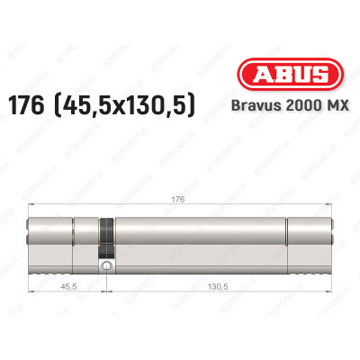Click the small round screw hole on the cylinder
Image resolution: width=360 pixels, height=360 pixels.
(106, 267)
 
